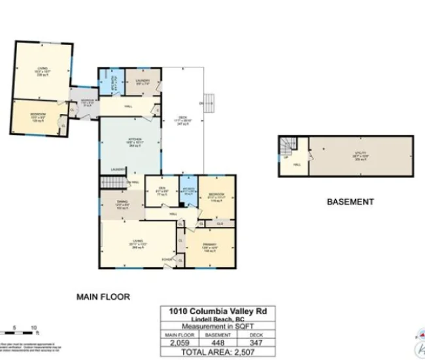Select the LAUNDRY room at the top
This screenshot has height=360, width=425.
pos(143,81)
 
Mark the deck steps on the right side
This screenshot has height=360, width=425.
pos(209,101)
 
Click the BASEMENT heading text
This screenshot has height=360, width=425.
pos(350,202)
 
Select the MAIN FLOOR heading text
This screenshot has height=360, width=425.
pos(103,297)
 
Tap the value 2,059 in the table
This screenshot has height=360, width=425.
pos(178,342)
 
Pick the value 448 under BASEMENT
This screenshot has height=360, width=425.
pos(218,342)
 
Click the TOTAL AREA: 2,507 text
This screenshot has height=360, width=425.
pos(217,352)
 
